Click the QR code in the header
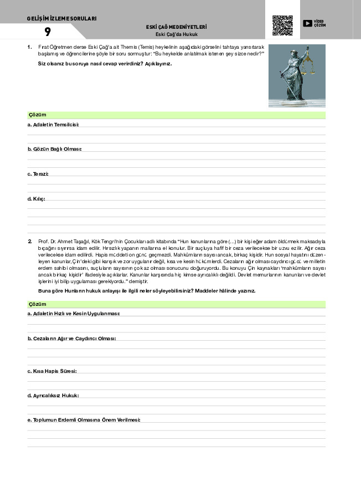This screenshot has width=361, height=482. pos(282,25)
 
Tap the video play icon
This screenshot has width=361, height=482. pos(307,23)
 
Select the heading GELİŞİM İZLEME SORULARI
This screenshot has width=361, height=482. pos(61,18)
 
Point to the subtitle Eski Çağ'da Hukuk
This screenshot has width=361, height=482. pos(177,34)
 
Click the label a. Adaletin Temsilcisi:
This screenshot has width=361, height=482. pos(53,125)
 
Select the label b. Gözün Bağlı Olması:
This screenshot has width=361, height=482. pos(55,150)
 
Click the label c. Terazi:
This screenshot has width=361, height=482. pos(38,174)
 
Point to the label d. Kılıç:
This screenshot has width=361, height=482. pos(37,198)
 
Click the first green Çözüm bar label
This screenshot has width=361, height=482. pos(37,115)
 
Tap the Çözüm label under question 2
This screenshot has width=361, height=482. pos(37,304)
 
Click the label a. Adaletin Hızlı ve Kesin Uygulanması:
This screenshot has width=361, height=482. pos(74,314)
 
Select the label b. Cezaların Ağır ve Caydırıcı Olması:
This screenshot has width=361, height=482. pos(72,339)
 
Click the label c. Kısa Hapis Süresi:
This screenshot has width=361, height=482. pos(52,371)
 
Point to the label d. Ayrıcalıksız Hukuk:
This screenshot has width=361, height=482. pos(53,395)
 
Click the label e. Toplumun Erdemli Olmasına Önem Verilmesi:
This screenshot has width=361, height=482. pos(84,420)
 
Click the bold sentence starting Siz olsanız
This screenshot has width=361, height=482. pos(105,64)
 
